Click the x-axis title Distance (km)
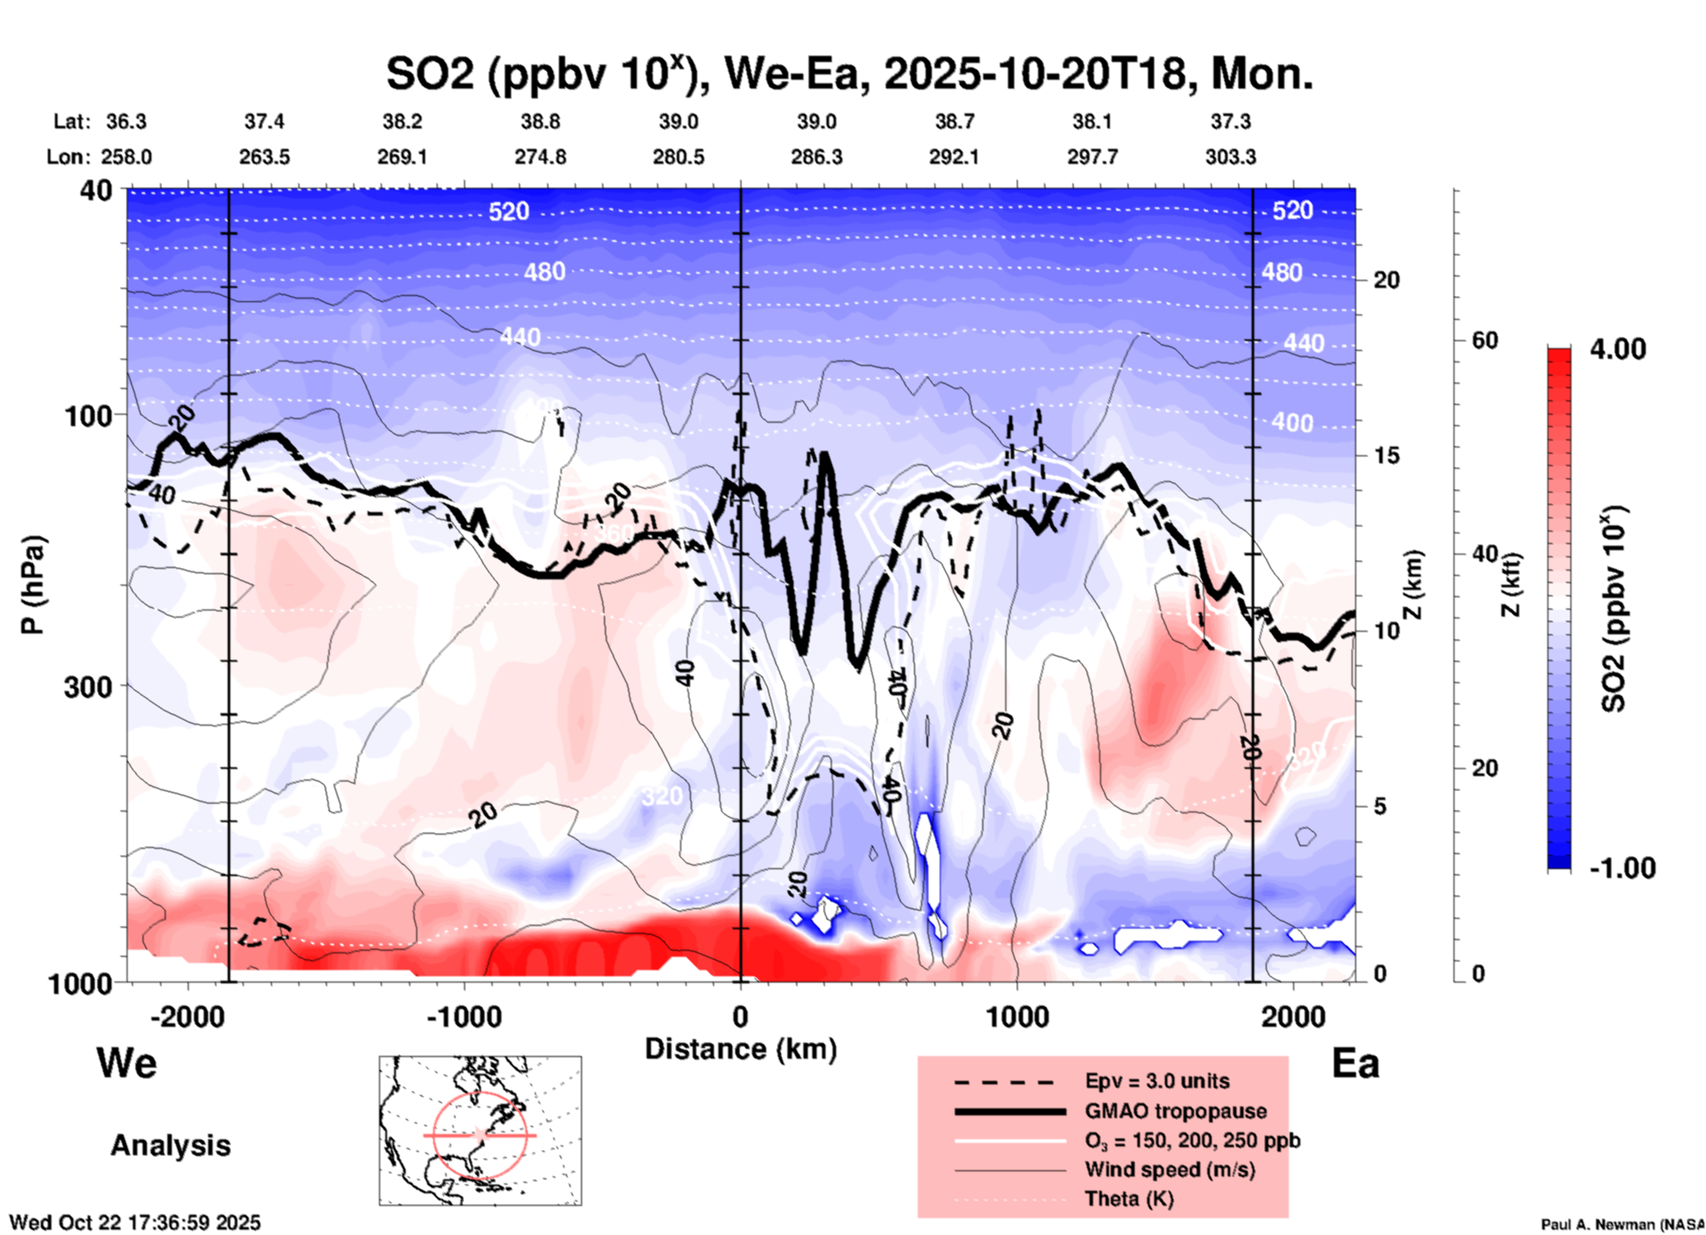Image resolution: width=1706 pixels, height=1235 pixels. pyautogui.click(x=741, y=1049)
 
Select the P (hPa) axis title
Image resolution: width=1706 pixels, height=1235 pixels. pyautogui.click(x=33, y=585)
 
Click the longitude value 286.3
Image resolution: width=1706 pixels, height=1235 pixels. pyautogui.click(x=816, y=157)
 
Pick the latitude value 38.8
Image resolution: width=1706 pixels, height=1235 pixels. pyautogui.click(x=540, y=121)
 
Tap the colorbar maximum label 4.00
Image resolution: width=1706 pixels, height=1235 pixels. pyautogui.click(x=1617, y=349)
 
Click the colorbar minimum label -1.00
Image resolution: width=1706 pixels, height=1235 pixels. pyautogui.click(x=1622, y=868)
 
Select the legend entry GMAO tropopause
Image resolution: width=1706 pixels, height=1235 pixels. pyautogui.click(x=1175, y=1111)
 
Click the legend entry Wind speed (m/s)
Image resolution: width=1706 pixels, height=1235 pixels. pyautogui.click(x=1169, y=1170)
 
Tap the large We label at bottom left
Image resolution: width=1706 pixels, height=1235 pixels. pyautogui.click(x=127, y=1062)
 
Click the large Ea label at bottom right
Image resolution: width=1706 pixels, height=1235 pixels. pyautogui.click(x=1355, y=1063)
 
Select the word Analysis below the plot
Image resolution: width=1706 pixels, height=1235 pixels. pyautogui.click(x=170, y=1146)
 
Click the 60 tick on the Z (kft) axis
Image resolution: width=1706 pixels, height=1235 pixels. pyautogui.click(x=1485, y=340)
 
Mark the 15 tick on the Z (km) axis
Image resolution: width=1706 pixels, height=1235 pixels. pyautogui.click(x=1386, y=455)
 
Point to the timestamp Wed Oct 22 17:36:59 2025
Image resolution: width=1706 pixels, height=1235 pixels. pyautogui.click(x=135, y=1223)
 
